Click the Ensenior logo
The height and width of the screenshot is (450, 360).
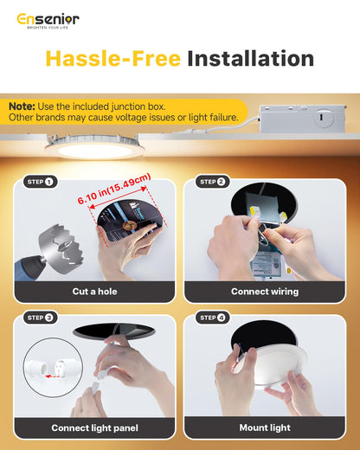[x=48, y=21]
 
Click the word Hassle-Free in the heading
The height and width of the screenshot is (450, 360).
[x=113, y=59]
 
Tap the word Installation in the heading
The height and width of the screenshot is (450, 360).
[x=250, y=59]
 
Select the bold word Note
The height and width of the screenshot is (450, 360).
[x=22, y=106]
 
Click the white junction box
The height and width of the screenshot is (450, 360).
[x=303, y=119]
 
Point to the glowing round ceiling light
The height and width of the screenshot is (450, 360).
[x=94, y=148]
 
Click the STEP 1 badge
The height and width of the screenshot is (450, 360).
[x=41, y=182]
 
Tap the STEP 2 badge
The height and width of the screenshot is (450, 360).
[x=213, y=182]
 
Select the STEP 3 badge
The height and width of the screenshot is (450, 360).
[x=41, y=318]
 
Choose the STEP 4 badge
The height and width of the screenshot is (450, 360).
[x=213, y=318]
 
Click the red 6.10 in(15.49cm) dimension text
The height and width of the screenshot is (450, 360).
[x=114, y=189]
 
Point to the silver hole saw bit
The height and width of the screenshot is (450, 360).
[x=61, y=246]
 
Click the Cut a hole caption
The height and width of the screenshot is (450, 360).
[x=94, y=292]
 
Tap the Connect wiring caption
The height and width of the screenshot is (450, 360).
[x=265, y=292]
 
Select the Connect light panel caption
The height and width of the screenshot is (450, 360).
[x=94, y=427]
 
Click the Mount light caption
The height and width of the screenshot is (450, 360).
[x=265, y=427]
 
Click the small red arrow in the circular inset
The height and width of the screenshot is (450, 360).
[x=52, y=376]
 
